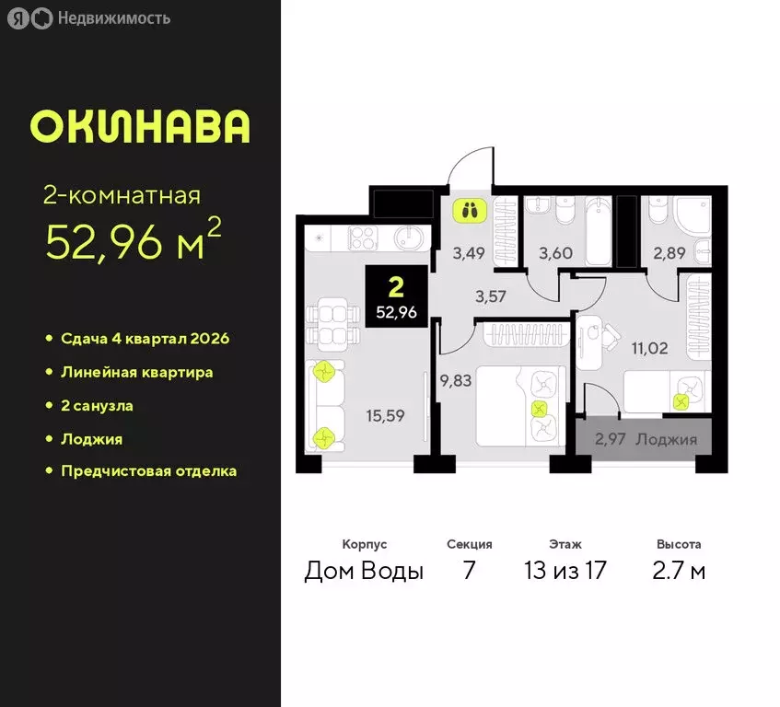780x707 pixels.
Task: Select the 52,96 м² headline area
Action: coord(134,241)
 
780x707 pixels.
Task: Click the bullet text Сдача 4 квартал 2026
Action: coord(145,338)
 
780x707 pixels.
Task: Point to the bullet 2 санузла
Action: coord(103,405)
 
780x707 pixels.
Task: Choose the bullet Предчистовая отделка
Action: coord(148,471)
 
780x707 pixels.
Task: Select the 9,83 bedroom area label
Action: coord(455,380)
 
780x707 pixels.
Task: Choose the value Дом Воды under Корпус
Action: coord(364,571)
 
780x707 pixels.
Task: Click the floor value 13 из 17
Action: coord(565,571)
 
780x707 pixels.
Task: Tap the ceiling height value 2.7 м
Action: coord(679,571)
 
